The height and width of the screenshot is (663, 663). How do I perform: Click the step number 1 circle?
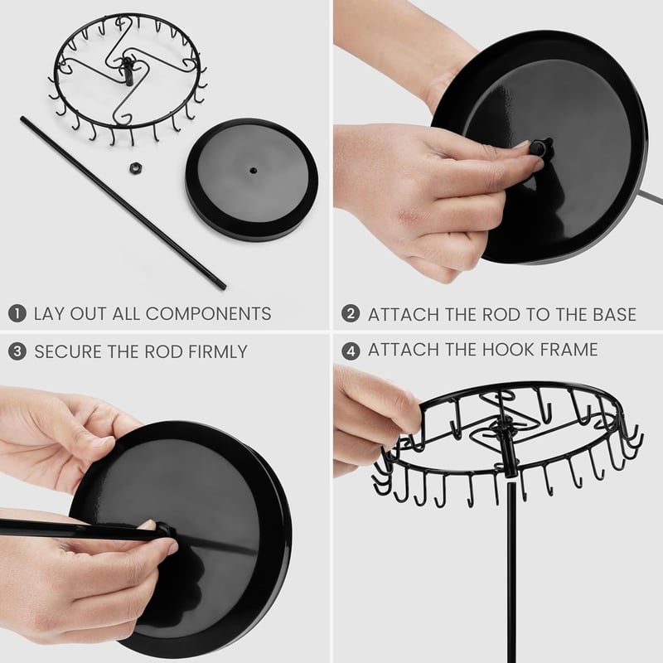17,313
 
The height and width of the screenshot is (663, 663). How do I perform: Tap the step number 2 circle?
351,314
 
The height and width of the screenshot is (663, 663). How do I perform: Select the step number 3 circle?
17,351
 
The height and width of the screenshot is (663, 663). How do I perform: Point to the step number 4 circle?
351,351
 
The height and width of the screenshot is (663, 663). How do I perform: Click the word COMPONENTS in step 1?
208,314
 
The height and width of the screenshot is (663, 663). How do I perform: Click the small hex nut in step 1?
135,167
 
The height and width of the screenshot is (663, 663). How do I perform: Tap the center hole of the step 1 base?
253,170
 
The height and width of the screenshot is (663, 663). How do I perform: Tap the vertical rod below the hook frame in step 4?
511,571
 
